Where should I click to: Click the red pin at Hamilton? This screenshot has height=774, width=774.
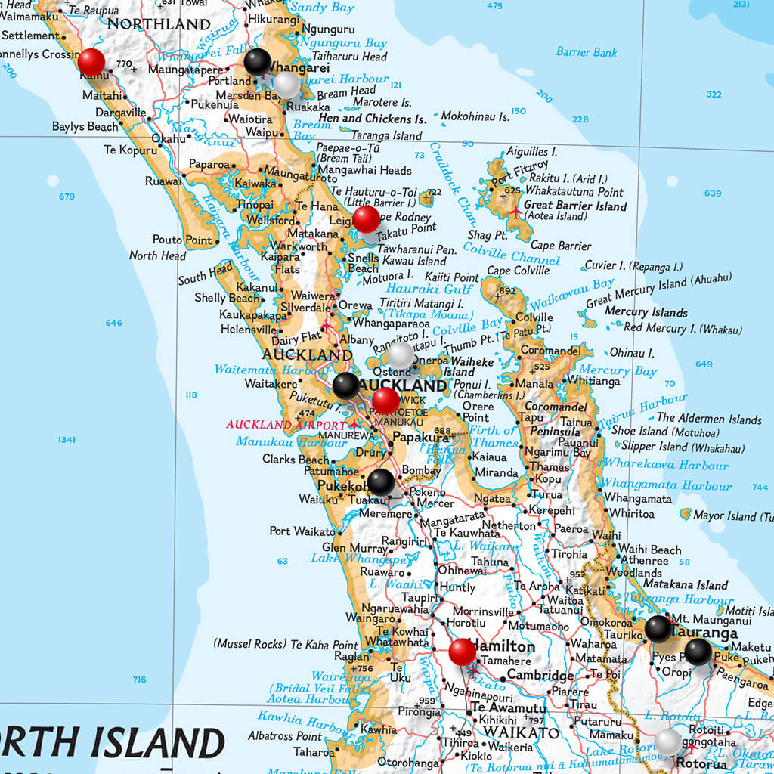tap(462, 651)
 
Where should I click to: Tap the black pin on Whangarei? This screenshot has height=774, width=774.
tap(258, 61)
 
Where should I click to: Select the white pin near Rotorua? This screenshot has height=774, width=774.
tap(668, 741)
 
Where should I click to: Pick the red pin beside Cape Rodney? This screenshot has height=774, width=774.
tap(366, 219)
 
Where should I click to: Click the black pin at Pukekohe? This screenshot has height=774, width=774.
tap(380, 481)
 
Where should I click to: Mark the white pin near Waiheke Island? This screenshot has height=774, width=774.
tap(400, 354)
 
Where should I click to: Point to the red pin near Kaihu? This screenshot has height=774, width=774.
tap(91, 61)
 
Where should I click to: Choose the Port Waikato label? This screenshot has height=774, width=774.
tap(302, 531)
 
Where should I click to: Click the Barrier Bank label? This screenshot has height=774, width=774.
tap(587, 52)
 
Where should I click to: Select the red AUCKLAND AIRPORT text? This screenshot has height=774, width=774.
tap(286, 424)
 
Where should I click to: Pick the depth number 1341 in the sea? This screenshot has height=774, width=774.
tap(67, 440)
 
